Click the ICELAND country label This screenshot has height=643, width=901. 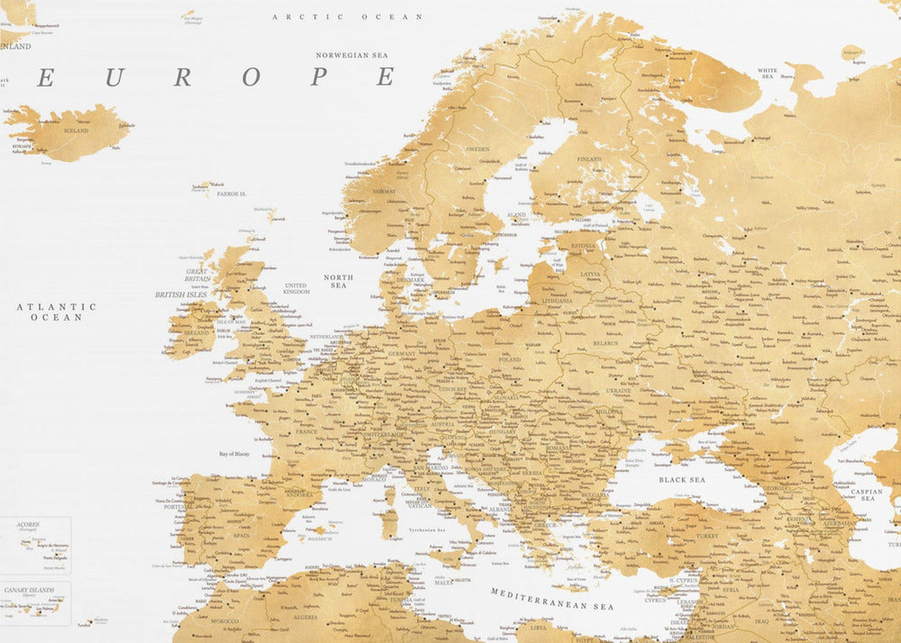(76, 131)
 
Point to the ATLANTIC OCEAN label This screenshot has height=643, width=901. (57, 312)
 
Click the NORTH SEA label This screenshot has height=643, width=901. (338, 281)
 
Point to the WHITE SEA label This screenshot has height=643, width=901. (767, 73)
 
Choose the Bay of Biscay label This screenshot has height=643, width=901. (234, 454)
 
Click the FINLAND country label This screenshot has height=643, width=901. (589, 159)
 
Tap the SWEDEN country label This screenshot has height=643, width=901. (478, 149)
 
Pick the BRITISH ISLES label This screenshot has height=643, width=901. (181, 295)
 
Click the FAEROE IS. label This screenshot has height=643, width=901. (232, 194)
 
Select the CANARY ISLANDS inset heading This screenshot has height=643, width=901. (29, 590)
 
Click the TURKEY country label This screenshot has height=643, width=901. (707, 536)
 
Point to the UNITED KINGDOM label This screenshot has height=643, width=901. (296, 288)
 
